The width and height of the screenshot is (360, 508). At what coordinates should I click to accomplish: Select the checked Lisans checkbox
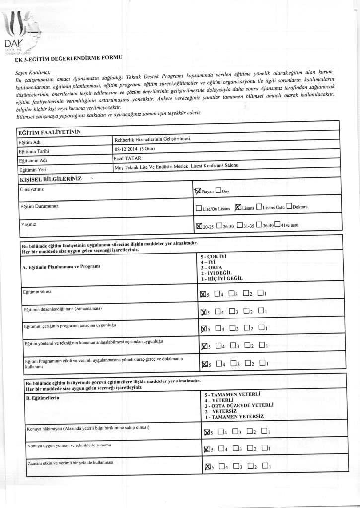point(238,207)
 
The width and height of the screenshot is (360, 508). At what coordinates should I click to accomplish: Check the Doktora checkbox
point(289,207)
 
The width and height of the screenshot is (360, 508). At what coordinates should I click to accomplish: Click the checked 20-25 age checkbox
point(200,226)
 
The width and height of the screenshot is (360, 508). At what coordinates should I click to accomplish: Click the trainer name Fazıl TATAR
point(128,158)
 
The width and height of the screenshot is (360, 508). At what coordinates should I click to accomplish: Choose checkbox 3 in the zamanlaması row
point(232,312)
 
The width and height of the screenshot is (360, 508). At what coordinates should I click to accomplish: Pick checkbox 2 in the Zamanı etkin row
point(251,466)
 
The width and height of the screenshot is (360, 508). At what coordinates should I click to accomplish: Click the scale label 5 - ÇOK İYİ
point(214,256)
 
